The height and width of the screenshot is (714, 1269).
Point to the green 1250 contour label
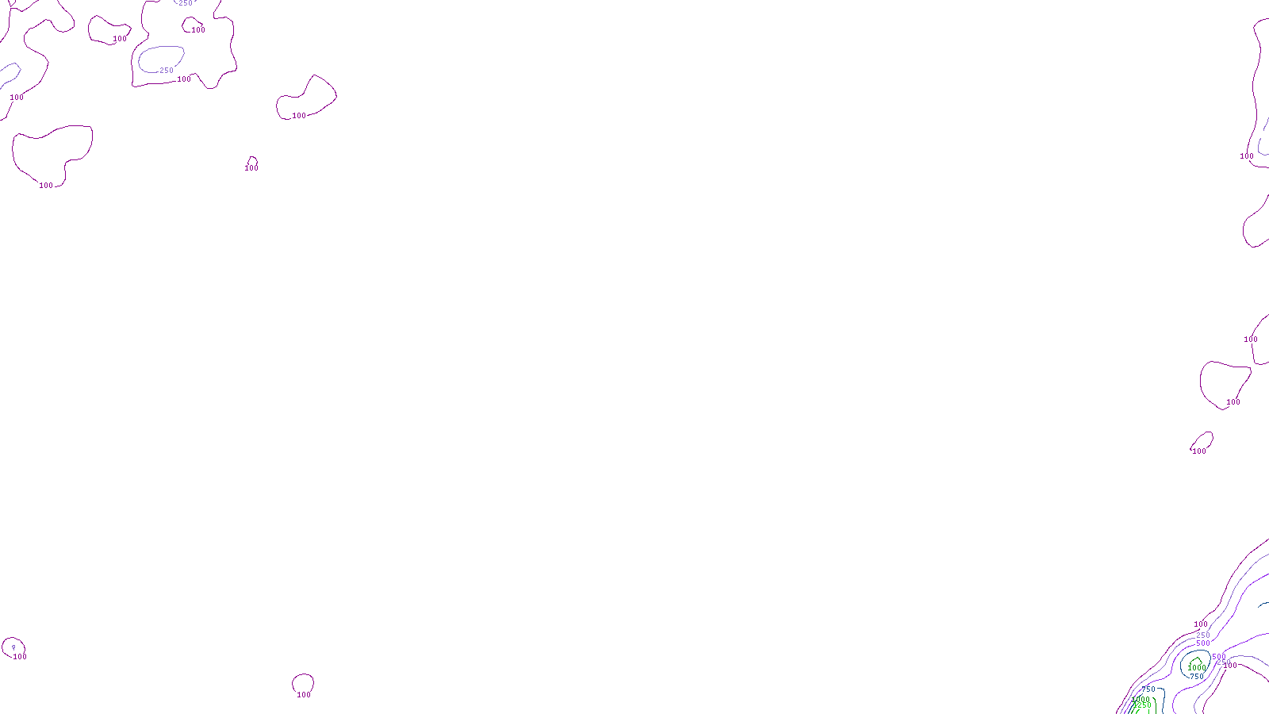1142,705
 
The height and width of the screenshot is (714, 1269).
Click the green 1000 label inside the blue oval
1197,668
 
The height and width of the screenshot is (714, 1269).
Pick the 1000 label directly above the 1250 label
1141,699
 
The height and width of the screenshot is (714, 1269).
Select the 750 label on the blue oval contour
1196,677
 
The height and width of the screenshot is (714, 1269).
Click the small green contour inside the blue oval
1195,662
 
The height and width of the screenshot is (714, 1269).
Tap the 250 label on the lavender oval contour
167,71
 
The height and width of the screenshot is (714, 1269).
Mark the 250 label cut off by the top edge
186,3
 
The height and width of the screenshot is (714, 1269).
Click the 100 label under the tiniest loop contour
251,168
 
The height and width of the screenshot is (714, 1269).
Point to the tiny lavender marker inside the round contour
13,647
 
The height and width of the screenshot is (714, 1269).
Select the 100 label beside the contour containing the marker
20,657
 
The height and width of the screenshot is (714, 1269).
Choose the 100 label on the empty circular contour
304,695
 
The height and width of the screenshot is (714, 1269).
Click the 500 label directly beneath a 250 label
1203,643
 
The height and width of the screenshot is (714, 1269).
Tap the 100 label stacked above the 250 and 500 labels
1201,624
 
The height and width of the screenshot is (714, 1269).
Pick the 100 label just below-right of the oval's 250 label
184,79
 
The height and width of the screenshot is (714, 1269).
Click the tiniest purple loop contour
252,160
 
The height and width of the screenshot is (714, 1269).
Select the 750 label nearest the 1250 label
1148,689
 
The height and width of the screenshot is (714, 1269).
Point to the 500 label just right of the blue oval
1218,657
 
